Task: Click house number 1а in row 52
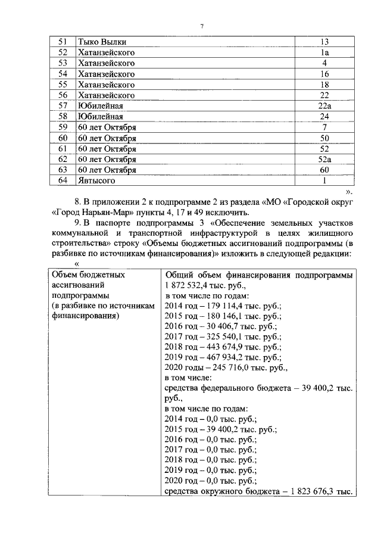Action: [324, 52]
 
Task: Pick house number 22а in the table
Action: [324, 106]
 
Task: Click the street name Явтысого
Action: [96, 180]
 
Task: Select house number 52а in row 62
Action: [324, 160]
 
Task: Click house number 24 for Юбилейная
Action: [324, 117]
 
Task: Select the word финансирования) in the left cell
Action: [83, 316]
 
